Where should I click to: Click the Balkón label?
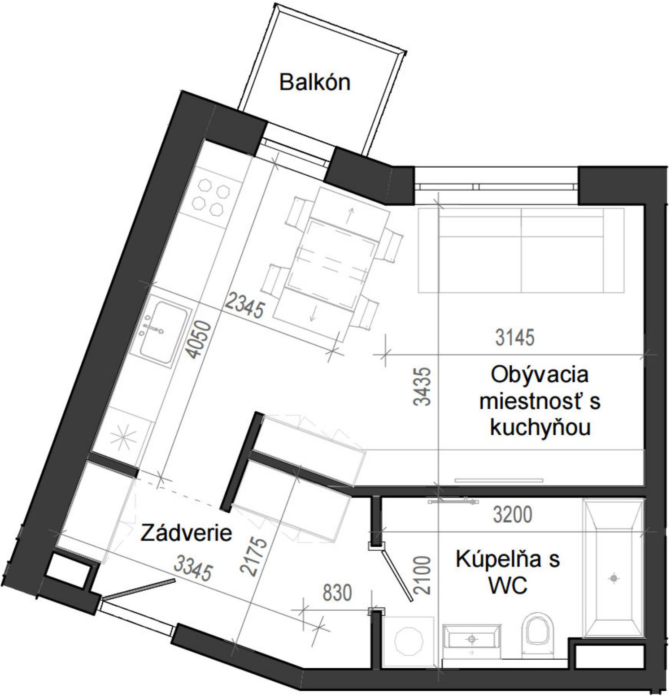click(x=314, y=82)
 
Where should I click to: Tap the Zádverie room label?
click(x=186, y=533)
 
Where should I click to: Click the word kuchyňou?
click(x=540, y=428)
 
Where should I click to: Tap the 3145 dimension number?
click(x=514, y=338)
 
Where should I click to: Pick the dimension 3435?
click(x=422, y=386)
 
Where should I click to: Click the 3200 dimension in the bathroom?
click(x=513, y=515)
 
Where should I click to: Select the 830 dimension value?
click(x=337, y=593)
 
